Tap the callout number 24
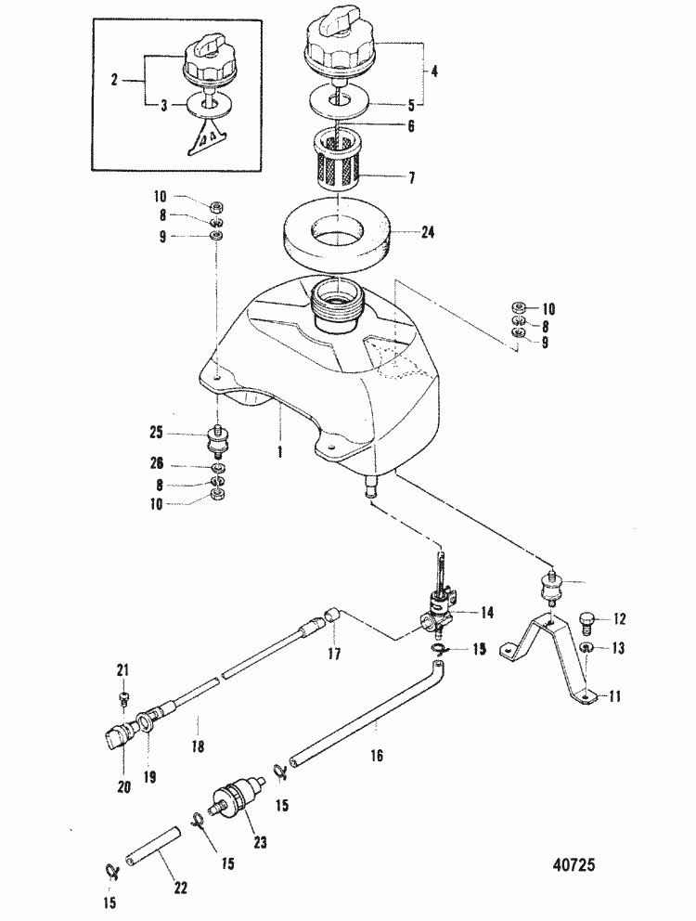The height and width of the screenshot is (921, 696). [x=427, y=233]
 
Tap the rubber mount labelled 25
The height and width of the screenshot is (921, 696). [x=219, y=442]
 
